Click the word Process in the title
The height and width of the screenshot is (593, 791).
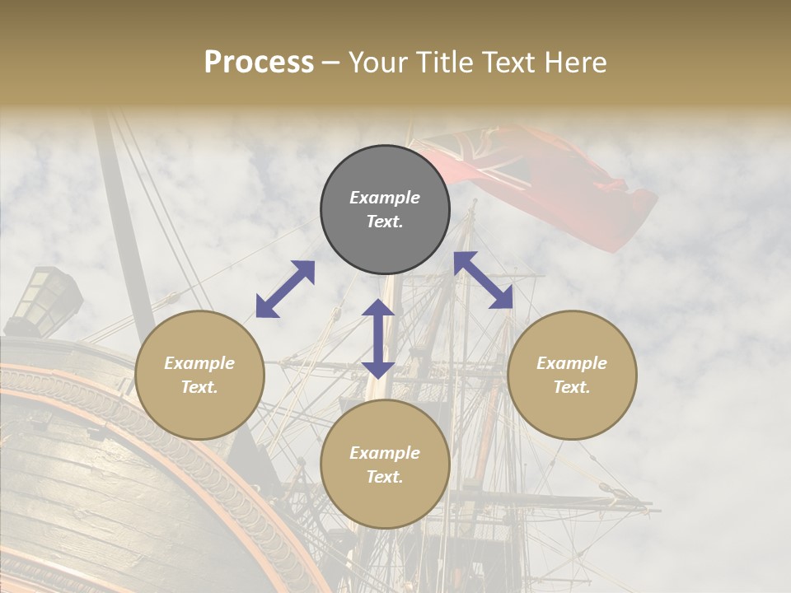259,63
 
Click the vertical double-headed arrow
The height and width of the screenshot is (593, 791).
378,339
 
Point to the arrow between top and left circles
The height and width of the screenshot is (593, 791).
285,289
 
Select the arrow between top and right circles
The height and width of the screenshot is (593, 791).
484,280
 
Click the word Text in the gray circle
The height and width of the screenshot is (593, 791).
385,222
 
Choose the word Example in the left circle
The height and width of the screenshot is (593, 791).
199,363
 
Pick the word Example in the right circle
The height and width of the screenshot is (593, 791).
572,363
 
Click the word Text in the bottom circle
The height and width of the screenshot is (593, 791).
385,477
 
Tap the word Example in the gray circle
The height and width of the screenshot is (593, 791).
385,198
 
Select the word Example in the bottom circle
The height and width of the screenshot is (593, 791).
385,453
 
